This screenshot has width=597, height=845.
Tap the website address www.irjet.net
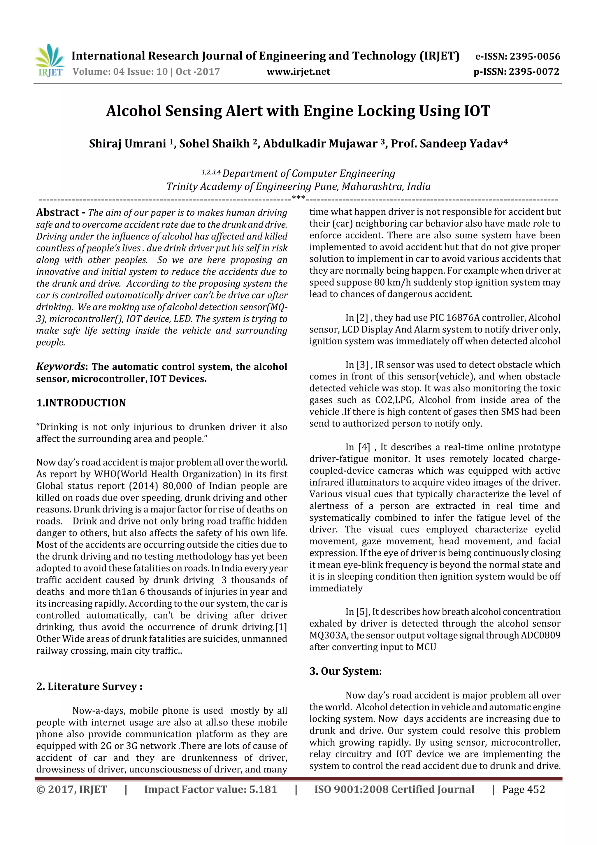click(298, 72)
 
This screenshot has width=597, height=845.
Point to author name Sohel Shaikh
click(215, 144)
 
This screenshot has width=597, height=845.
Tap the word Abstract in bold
click(58, 212)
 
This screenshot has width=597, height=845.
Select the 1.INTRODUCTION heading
click(81, 403)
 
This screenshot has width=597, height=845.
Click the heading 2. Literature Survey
click(89, 686)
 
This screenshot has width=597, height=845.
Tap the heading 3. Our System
click(345, 671)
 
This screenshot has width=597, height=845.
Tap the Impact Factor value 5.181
click(263, 789)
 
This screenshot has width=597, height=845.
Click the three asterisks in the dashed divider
click(298, 198)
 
